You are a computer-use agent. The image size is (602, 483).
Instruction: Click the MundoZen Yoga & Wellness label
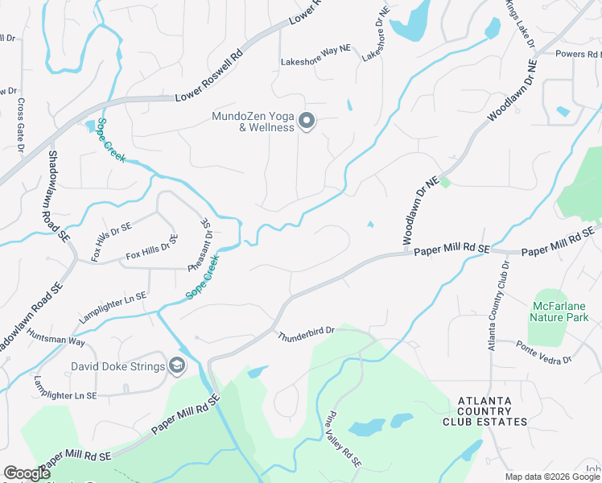coord(252,122)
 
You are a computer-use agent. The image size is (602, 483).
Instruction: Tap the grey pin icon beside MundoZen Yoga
coord(306,122)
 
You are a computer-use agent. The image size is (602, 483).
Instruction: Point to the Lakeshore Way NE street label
coord(316,60)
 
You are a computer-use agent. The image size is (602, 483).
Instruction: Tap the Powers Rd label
coord(579,53)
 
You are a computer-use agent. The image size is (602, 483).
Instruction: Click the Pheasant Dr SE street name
coord(206,238)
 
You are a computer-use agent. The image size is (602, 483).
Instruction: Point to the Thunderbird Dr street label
coord(306,332)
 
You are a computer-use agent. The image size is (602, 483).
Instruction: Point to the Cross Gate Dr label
coord(20,125)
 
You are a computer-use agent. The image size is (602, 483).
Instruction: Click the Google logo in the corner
coord(26,474)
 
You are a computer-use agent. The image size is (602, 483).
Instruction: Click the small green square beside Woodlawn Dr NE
coord(445,183)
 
